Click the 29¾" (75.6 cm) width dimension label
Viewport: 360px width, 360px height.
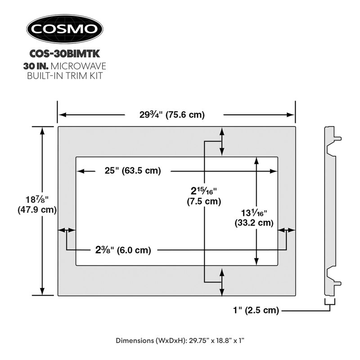coord(172,115)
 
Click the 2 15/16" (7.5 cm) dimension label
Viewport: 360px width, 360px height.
coord(204,196)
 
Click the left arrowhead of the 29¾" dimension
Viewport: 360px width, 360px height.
coord(62,115)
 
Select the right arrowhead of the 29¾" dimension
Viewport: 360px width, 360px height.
coord(291,115)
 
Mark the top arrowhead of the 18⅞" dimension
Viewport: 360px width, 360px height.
coord(43,130)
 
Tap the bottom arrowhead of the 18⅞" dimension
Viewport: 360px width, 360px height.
coord(43,292)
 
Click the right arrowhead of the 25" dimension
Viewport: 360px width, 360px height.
coord(274,171)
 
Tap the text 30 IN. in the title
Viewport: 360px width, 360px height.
coord(38,66)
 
